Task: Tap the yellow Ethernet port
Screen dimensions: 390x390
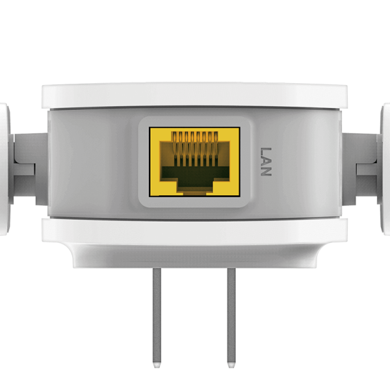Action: click(194, 161)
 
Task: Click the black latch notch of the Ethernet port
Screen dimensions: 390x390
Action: click(194, 185)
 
